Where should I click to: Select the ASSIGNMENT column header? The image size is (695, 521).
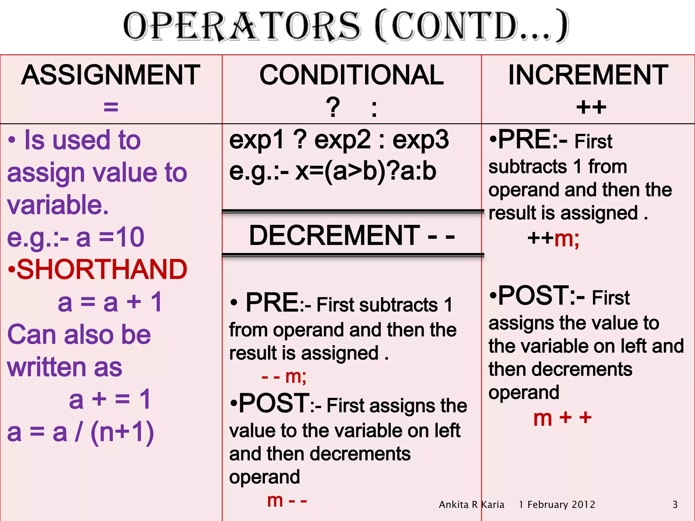tap(111, 75)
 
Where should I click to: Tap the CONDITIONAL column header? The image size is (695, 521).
tap(352, 75)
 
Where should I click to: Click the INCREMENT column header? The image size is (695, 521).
tap(588, 75)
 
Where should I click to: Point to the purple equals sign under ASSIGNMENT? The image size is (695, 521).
tap(111, 107)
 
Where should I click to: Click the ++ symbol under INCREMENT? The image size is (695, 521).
tap(591, 107)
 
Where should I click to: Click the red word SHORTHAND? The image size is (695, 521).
tap(102, 269)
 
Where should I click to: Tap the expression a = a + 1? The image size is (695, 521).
tap(110, 302)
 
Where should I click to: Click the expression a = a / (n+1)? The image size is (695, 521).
tap(81, 432)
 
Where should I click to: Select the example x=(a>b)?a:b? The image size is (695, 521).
tap(366, 171)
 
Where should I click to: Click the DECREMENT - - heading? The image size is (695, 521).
tap(352, 235)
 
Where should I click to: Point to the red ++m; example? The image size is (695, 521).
tap(553, 239)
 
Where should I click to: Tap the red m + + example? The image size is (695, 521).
tap(562, 418)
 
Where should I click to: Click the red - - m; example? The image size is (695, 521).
tap(284, 377)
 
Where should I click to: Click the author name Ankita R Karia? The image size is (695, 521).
tap(471, 505)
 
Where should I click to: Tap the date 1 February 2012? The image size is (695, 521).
tap(557, 505)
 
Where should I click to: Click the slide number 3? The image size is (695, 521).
tap(675, 505)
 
